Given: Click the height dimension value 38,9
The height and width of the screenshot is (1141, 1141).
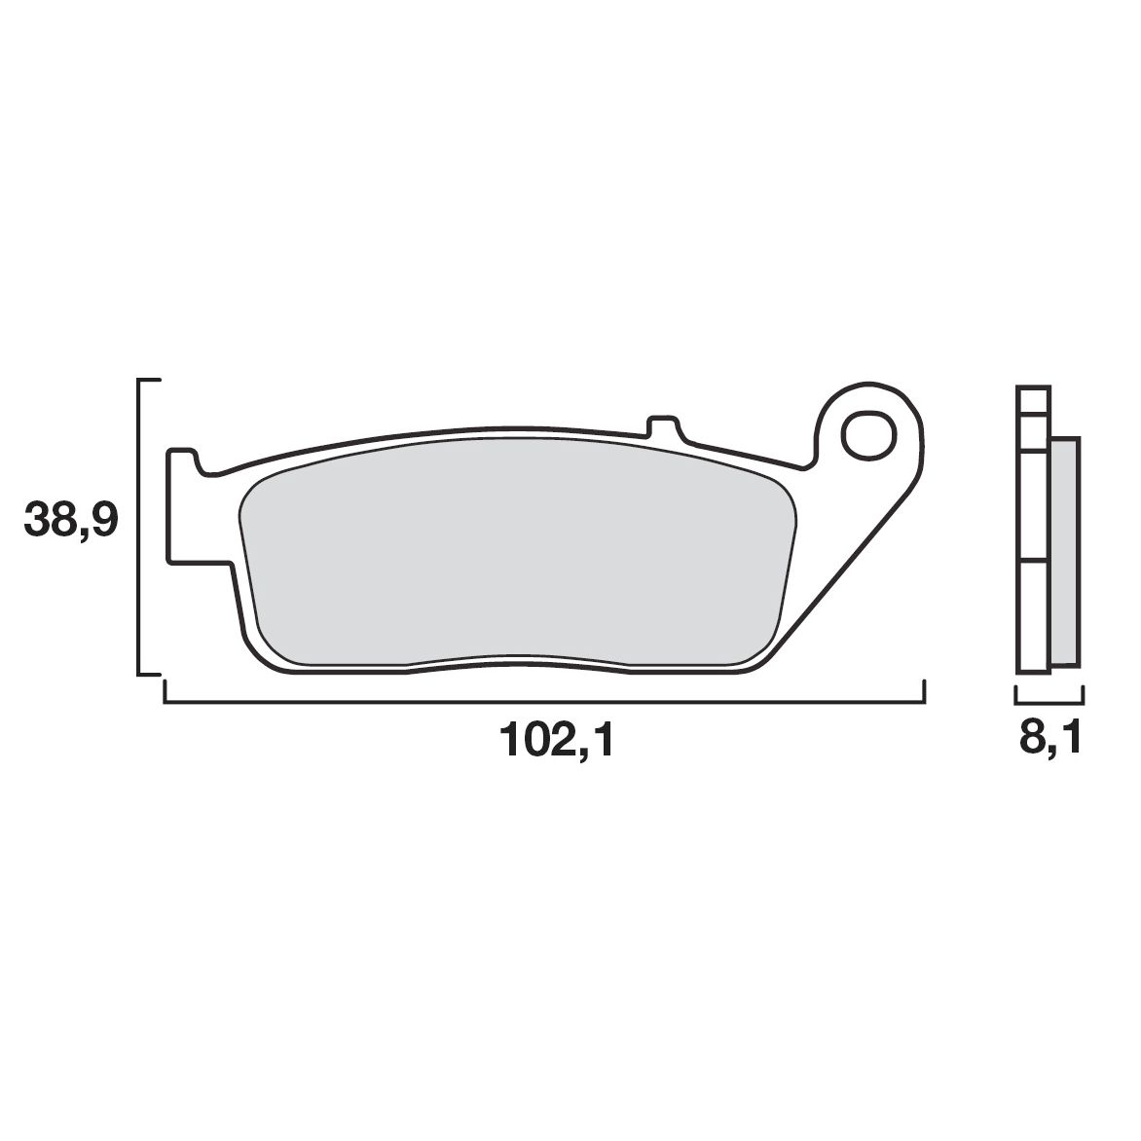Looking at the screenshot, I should (x=70, y=522).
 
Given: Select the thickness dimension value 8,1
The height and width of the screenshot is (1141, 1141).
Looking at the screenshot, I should (x=1049, y=741).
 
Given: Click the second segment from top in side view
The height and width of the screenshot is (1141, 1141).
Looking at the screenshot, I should (x=1032, y=432).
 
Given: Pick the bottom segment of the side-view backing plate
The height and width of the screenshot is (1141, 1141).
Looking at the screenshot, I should (x=1032, y=615).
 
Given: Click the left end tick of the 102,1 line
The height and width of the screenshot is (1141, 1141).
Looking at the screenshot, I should (x=165, y=690).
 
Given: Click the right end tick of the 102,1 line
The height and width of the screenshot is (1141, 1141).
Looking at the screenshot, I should (x=923, y=690).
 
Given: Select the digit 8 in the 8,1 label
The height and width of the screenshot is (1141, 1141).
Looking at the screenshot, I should (x=1031, y=741).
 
